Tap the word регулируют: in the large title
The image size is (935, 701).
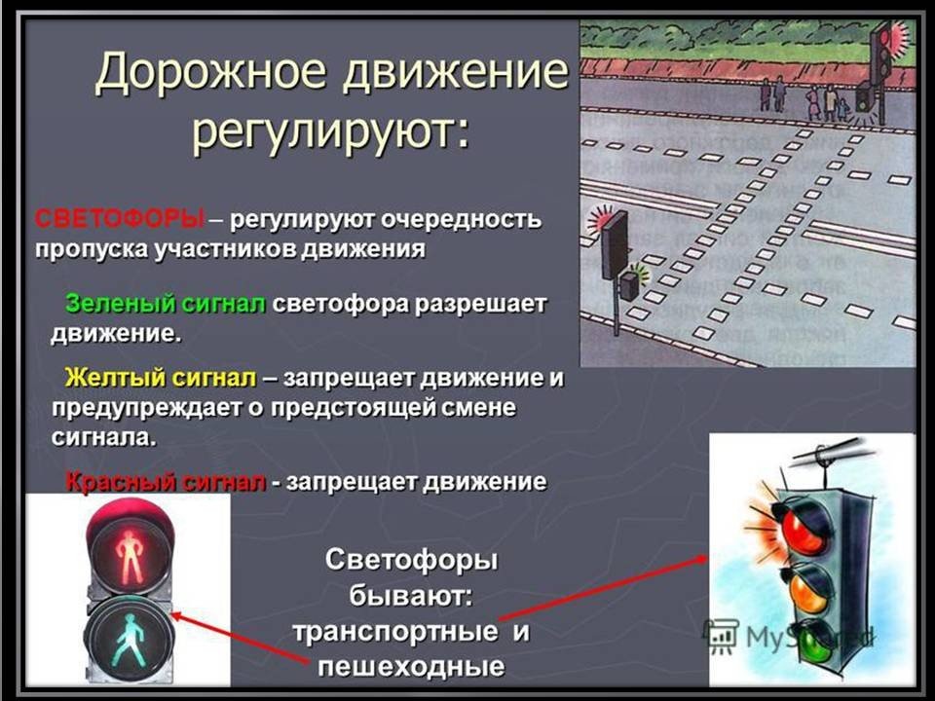click(331, 131)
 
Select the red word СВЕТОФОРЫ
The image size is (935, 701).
click(120, 219)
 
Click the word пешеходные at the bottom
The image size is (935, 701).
click(411, 666)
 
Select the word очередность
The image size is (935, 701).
click(461, 219)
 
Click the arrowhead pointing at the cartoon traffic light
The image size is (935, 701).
click(700, 559)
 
